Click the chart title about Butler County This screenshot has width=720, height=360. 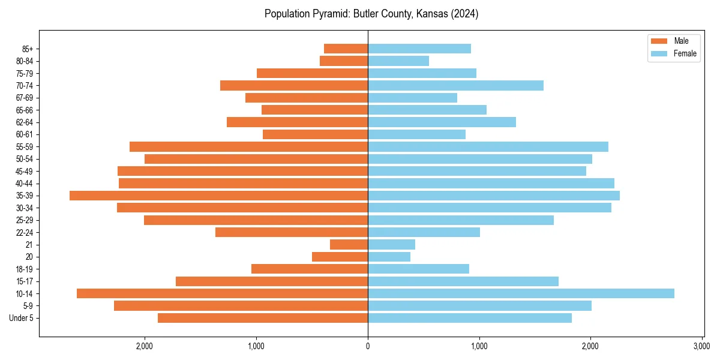pyautogui.click(x=371, y=14)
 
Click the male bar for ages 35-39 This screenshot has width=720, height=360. pyautogui.click(x=218, y=196)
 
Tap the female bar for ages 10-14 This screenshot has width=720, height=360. pyautogui.click(x=521, y=293)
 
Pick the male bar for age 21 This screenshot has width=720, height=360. pyautogui.click(x=349, y=245)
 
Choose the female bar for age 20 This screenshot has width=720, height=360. pyautogui.click(x=389, y=257)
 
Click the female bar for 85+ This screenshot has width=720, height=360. pyautogui.click(x=419, y=49)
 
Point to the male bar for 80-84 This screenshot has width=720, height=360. pyautogui.click(x=344, y=61)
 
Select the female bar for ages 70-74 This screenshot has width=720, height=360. pyautogui.click(x=455, y=85)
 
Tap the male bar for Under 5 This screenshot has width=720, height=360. pyautogui.click(x=263, y=318)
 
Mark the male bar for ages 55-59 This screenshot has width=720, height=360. pyautogui.click(x=248, y=146)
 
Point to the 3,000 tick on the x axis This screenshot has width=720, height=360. pyautogui.click(x=701, y=346)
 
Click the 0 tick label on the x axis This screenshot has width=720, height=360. pyautogui.click(x=368, y=346)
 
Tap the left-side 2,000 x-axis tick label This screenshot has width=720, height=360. pyautogui.click(x=145, y=346)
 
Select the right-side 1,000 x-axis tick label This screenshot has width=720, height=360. pyautogui.click(x=479, y=346)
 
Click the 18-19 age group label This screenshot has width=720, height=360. pyautogui.click(x=25, y=269)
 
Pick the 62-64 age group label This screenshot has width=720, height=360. pyautogui.click(x=25, y=122)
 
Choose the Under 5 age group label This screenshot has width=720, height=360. pyautogui.click(x=22, y=318)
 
